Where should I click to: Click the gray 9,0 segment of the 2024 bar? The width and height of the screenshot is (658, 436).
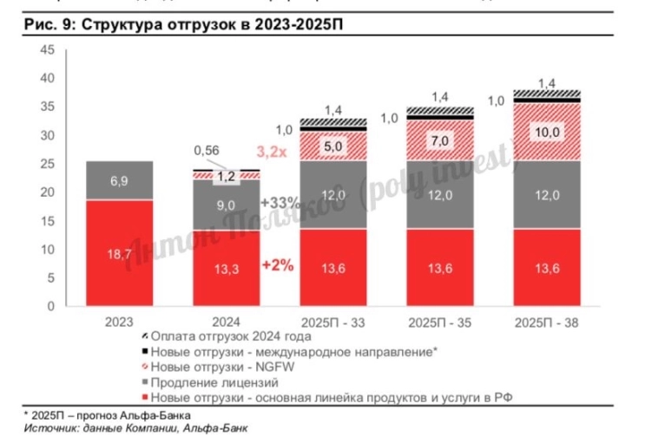pos(225,205)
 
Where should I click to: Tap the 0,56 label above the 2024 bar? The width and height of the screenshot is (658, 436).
pos(206,149)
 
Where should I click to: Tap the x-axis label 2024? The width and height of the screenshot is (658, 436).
pos(225,322)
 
